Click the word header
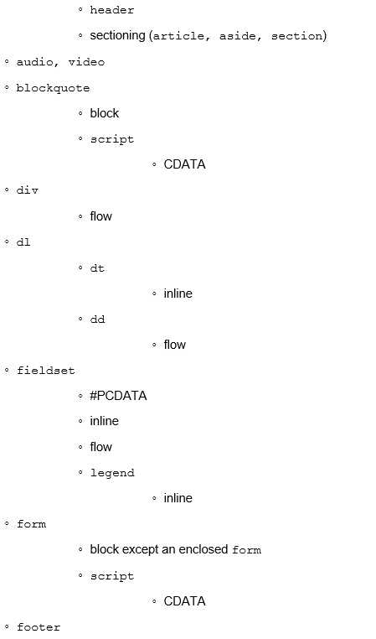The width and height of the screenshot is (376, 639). (x=112, y=10)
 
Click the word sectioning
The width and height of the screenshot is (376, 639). (x=117, y=36)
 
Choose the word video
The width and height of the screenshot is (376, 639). (x=86, y=62)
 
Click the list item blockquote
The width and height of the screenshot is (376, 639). (x=53, y=88)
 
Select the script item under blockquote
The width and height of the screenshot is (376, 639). (x=112, y=139)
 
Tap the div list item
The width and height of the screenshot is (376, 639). (x=28, y=190)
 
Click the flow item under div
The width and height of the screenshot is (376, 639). (x=101, y=216)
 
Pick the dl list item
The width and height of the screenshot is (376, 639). (x=23, y=242)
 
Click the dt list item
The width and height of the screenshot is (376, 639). (x=97, y=268)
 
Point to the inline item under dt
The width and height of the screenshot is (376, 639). (x=178, y=294)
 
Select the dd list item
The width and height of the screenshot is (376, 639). (x=97, y=319)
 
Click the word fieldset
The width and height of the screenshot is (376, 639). (x=45, y=371)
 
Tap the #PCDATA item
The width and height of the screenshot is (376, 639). (x=118, y=396)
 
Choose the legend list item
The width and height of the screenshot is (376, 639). (x=112, y=473)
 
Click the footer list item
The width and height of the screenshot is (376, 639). (x=39, y=626)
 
